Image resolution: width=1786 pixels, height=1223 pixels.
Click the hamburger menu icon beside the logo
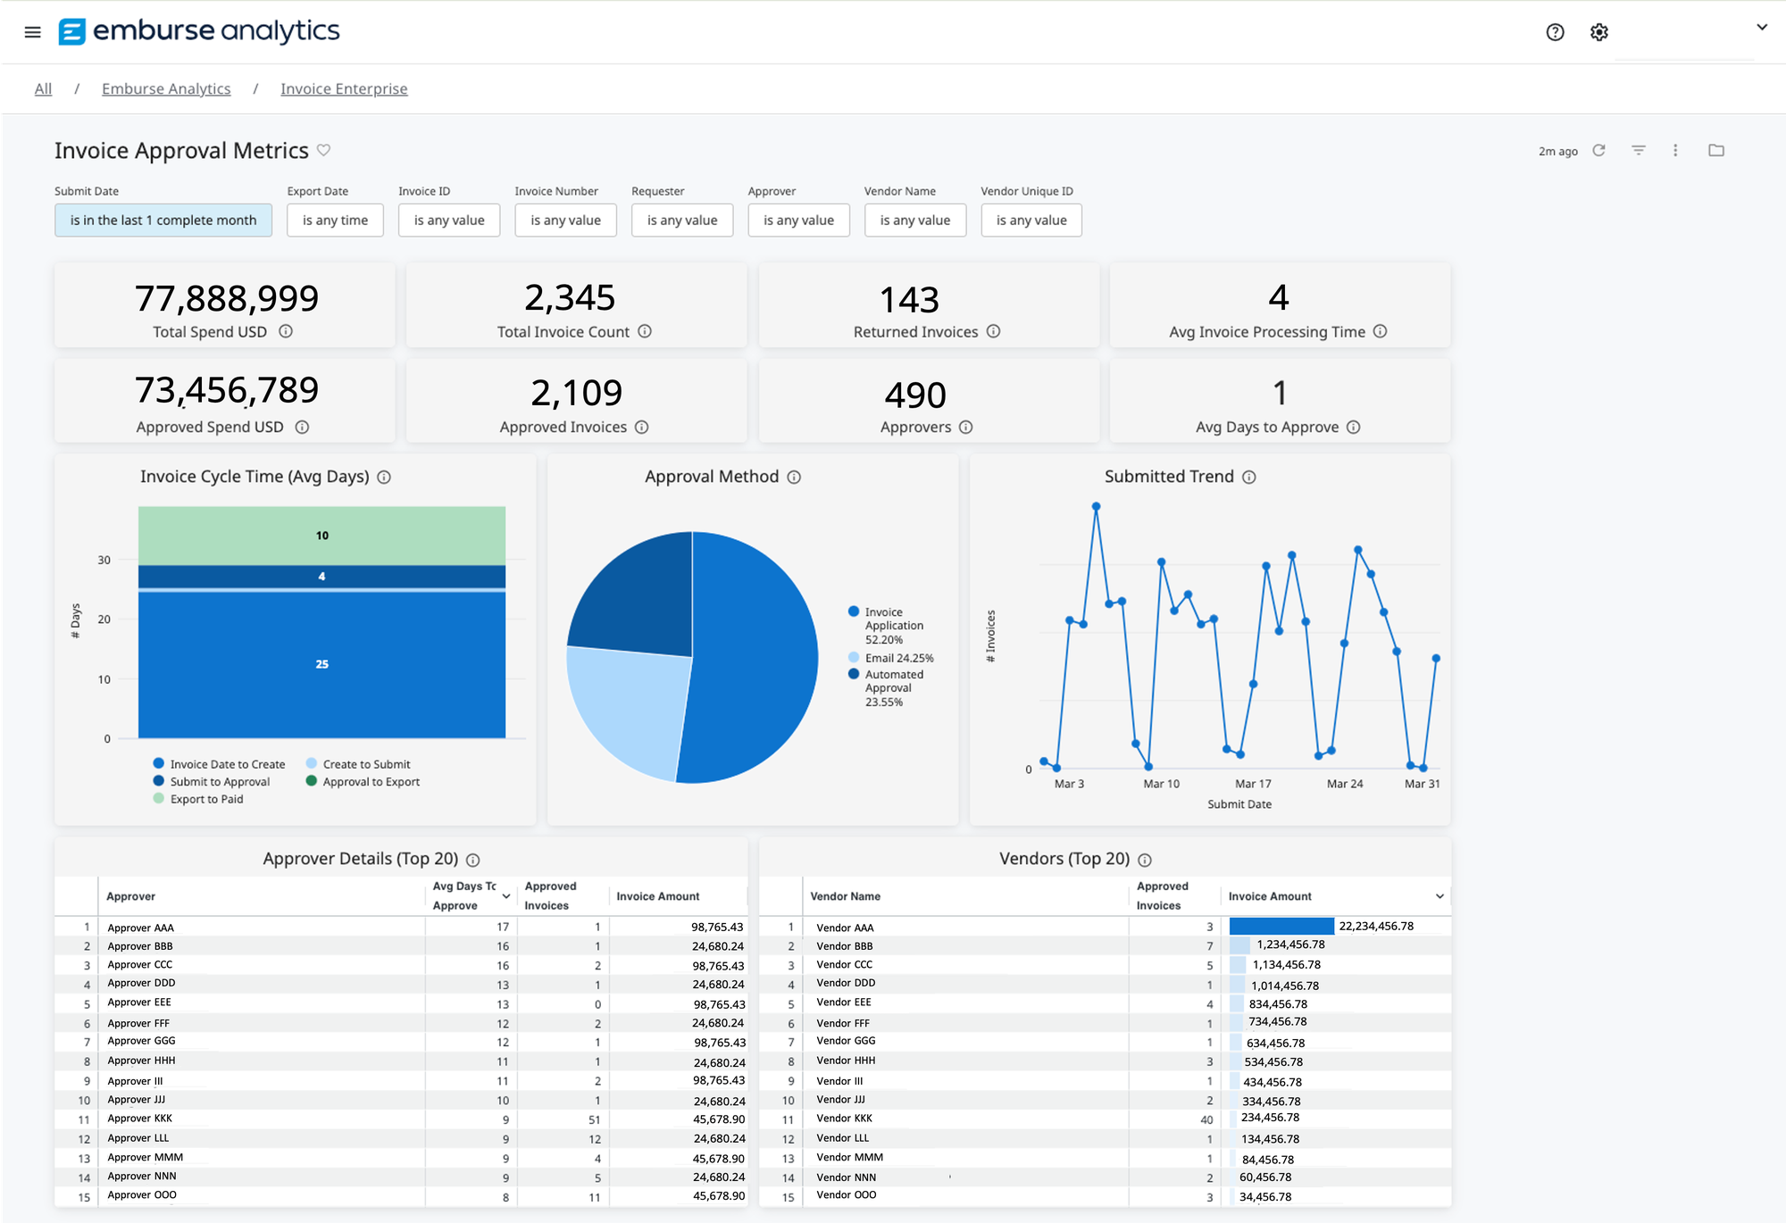pos(33,32)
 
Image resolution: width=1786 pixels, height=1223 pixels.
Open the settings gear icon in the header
pos(1598,32)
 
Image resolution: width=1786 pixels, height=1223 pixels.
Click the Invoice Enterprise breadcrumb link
pos(344,88)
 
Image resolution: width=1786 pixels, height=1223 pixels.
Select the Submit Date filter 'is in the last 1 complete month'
pos(163,220)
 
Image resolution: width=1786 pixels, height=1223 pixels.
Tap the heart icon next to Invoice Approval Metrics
pos(324,150)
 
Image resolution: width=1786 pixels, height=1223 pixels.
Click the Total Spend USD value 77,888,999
pos(227,298)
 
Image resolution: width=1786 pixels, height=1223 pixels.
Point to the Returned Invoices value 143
pos(909,300)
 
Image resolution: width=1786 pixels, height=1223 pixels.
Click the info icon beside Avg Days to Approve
pos(1354,427)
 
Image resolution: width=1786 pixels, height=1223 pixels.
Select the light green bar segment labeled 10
pos(321,536)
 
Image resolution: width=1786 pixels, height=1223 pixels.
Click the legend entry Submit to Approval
pos(219,781)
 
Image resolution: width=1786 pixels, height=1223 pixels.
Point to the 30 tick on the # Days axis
pos(104,560)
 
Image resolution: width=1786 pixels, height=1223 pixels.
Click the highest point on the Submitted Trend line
pos(1096,506)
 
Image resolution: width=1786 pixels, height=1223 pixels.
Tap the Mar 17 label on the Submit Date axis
pos(1253,784)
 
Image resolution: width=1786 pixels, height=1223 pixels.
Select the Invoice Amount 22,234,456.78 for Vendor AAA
pos(1375,926)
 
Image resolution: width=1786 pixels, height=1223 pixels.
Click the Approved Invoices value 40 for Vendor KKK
pos(1206,1119)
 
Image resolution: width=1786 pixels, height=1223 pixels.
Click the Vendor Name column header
pos(845,896)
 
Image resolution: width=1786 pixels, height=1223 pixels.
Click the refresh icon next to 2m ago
pos(1598,150)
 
